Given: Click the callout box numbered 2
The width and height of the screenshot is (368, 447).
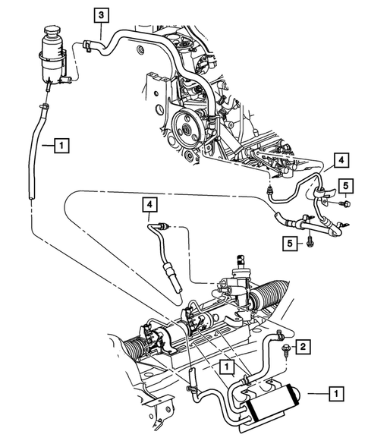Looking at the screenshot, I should click(302, 346).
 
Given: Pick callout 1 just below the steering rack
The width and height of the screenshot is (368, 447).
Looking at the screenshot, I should click(226, 367).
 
